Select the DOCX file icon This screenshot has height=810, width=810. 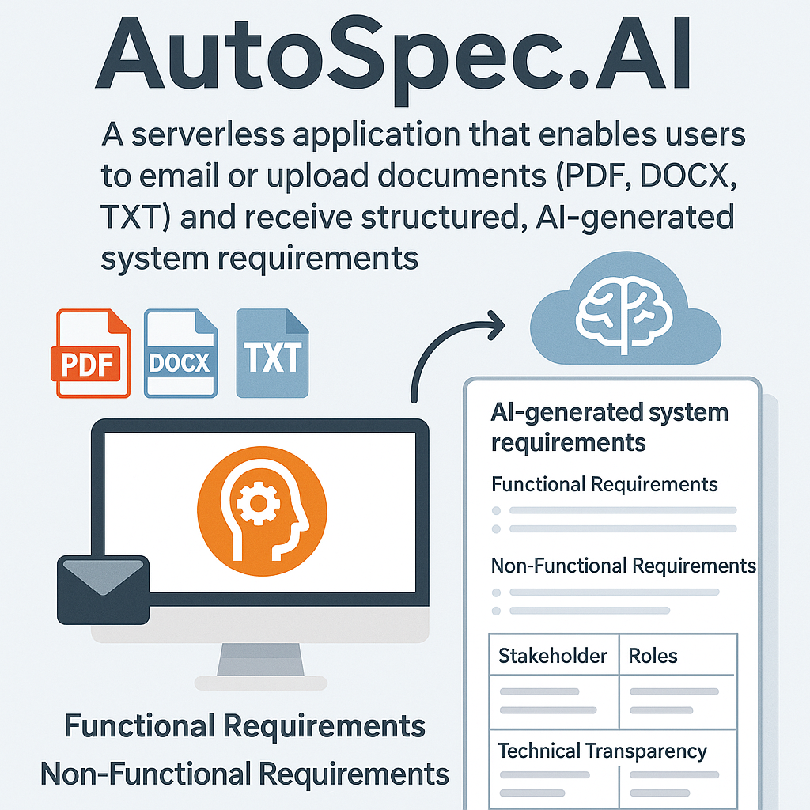tap(180, 354)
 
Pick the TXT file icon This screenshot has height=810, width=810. tap(272, 354)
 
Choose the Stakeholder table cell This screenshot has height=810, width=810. tap(553, 656)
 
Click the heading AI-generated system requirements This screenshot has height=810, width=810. tap(609, 426)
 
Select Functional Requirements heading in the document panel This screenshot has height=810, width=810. tap(604, 484)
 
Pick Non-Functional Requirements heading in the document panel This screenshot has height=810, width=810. tap(623, 566)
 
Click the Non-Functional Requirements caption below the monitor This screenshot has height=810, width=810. tap(244, 773)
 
